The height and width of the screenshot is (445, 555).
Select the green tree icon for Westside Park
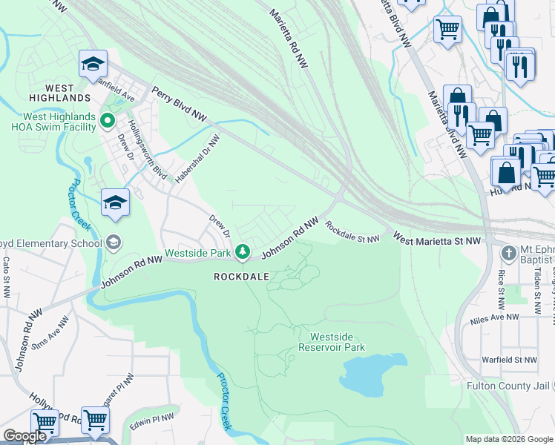click(x=242, y=253)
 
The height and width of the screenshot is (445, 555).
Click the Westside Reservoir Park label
click(x=332, y=341)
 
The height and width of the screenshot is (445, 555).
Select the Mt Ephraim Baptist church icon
click(x=508, y=254)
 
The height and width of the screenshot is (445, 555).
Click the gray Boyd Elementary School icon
click(x=114, y=243)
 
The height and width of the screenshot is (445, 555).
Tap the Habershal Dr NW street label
click(x=197, y=157)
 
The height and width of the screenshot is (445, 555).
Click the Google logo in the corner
click(x=24, y=437)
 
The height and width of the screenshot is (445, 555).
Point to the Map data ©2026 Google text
click(x=509, y=439)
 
